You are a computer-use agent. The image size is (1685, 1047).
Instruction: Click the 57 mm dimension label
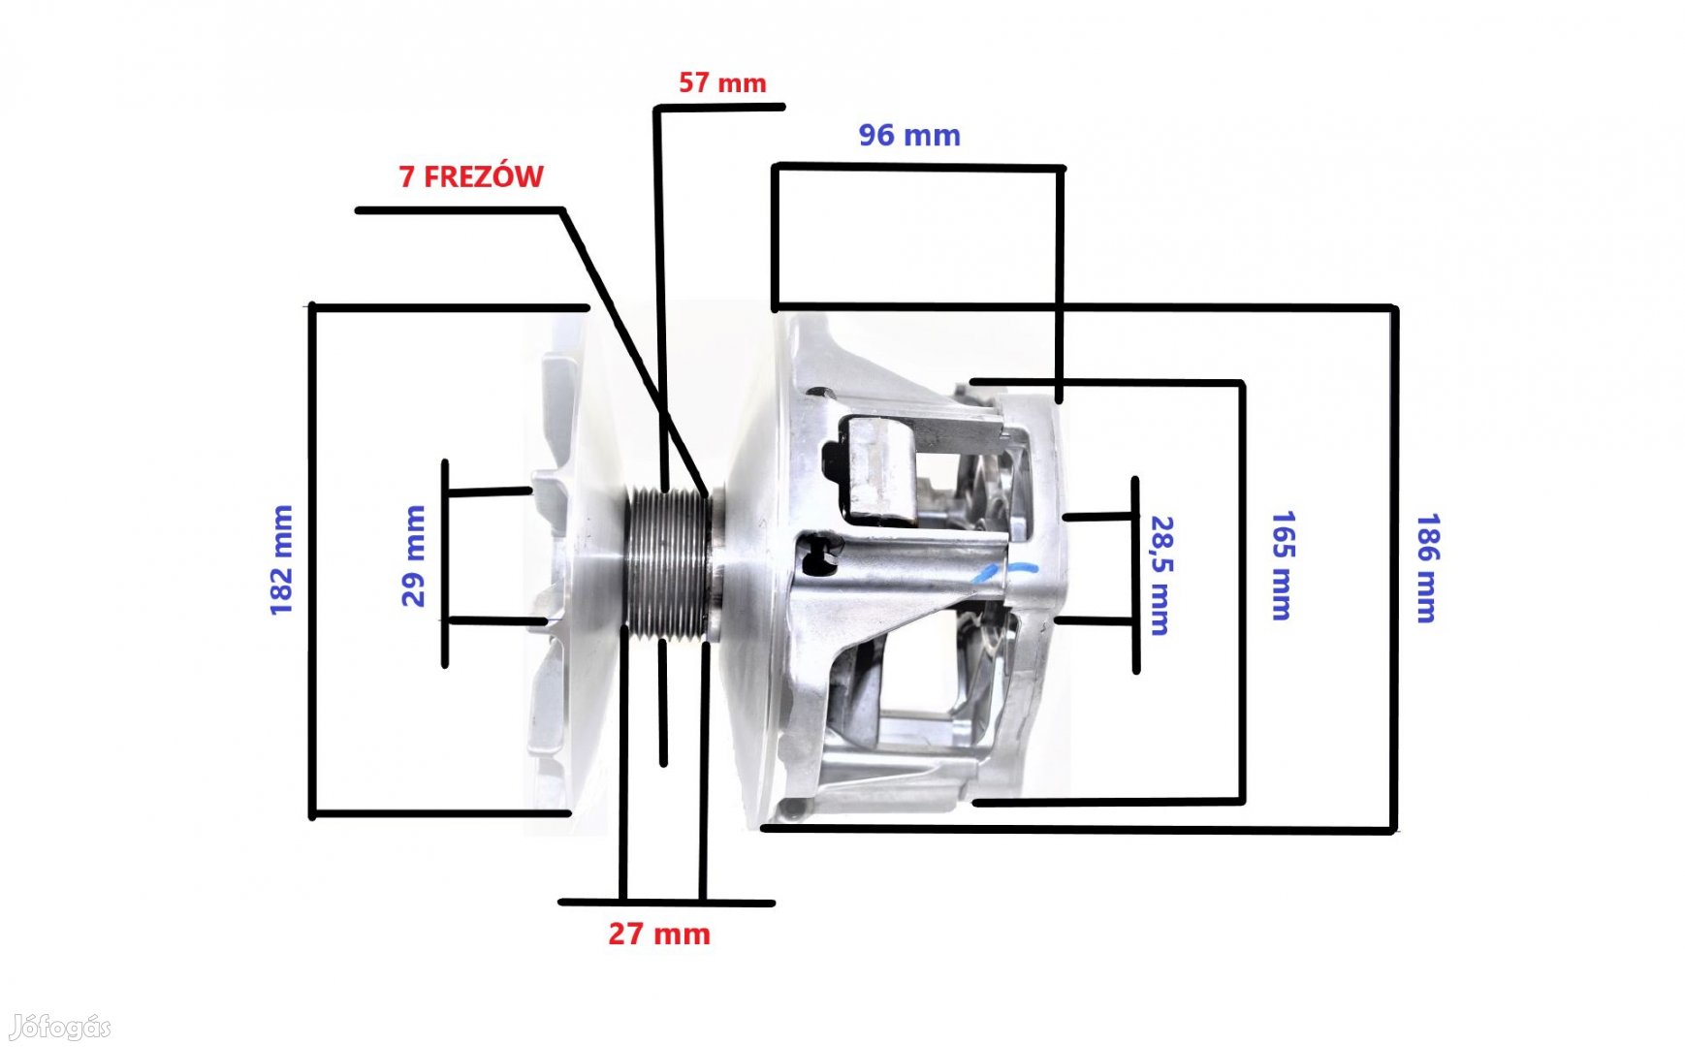coord(722,83)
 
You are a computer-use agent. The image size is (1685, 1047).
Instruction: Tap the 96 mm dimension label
coord(909,136)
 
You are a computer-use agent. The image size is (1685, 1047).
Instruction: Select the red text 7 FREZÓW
coord(471,176)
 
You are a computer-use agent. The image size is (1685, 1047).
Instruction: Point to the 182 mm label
coord(281,559)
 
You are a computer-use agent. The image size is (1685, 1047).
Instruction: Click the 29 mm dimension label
coord(413,555)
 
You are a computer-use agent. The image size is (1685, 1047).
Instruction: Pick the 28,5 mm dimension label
coord(1160,575)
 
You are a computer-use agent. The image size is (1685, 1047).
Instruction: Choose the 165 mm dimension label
coord(1282,565)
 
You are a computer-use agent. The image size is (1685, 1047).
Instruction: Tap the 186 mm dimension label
coord(1427,568)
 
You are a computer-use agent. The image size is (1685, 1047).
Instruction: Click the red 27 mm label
coord(659,934)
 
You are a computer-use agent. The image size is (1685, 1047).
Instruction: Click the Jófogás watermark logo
coord(60,1027)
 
